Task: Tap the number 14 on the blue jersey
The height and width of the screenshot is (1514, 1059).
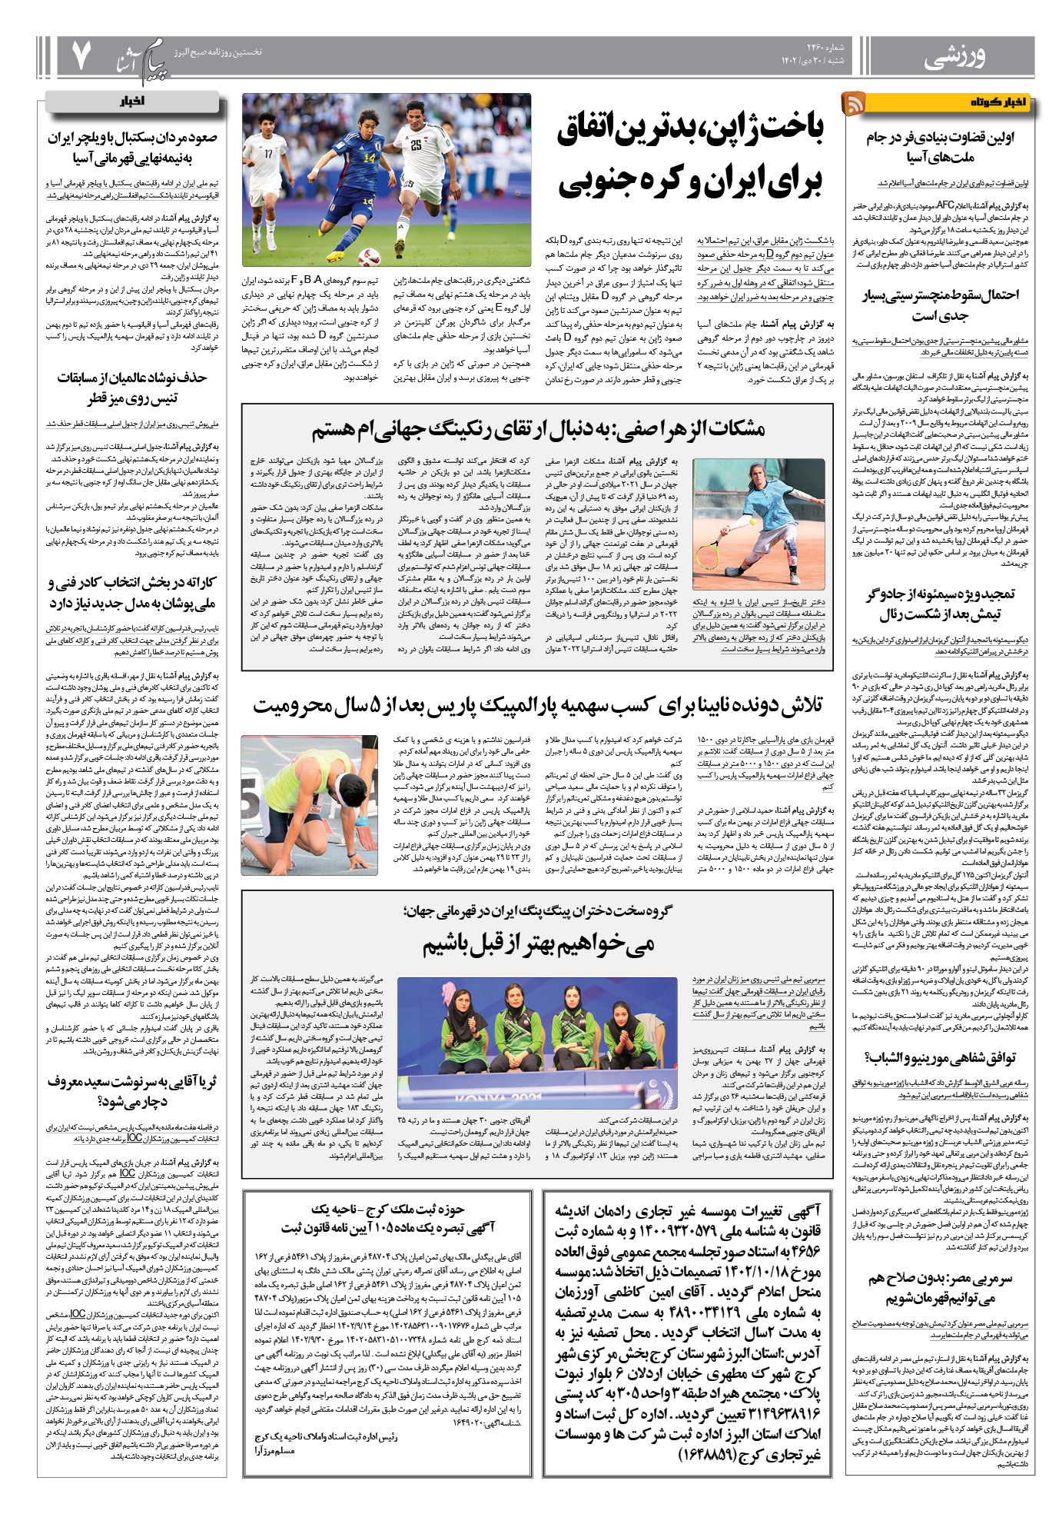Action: [x=370, y=158]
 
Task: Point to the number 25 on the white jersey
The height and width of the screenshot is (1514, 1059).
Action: [x=416, y=145]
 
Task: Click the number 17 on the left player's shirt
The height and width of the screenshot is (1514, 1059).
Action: [x=268, y=154]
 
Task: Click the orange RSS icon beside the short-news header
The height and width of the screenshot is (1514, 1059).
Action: [x=854, y=103]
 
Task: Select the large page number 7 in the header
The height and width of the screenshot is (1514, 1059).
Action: [x=81, y=55]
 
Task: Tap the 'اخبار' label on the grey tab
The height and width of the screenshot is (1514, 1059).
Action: [x=132, y=101]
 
